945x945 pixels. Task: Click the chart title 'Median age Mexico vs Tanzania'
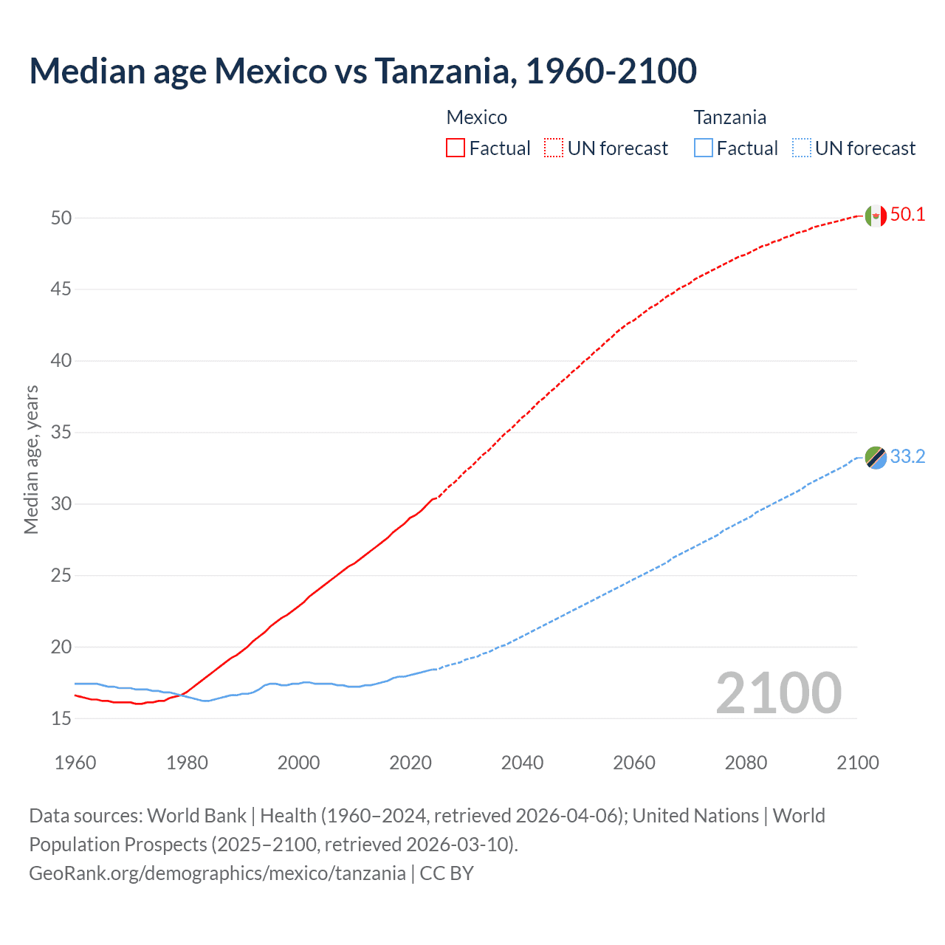pyautogui.click(x=362, y=71)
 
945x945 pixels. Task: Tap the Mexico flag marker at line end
pyautogui.click(x=876, y=216)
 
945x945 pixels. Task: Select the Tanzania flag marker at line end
pyautogui.click(x=876, y=458)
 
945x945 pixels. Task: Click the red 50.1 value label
pyautogui.click(x=907, y=215)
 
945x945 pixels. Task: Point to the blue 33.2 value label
pyautogui.click(x=907, y=457)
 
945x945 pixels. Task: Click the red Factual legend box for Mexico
pyautogui.click(x=456, y=148)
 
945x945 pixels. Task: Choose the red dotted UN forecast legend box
pyautogui.click(x=554, y=148)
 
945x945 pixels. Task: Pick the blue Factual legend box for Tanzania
pyautogui.click(x=704, y=148)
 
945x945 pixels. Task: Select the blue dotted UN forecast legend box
pyautogui.click(x=802, y=148)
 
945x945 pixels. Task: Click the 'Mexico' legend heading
pyautogui.click(x=477, y=117)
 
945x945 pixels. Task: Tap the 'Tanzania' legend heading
pyautogui.click(x=729, y=117)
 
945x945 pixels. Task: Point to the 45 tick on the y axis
pyautogui.click(x=61, y=289)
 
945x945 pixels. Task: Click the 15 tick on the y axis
pyautogui.click(x=61, y=718)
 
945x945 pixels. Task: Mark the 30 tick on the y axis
pyautogui.click(x=61, y=504)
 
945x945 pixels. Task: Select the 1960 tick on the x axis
pyautogui.click(x=75, y=763)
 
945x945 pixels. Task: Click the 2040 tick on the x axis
pyautogui.click(x=522, y=763)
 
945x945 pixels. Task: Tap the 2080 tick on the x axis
pyautogui.click(x=746, y=763)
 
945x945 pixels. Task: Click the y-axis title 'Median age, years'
pyautogui.click(x=31, y=459)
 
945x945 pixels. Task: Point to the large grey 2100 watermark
pyautogui.click(x=778, y=693)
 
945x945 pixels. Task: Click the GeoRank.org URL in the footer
pyautogui.click(x=217, y=873)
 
